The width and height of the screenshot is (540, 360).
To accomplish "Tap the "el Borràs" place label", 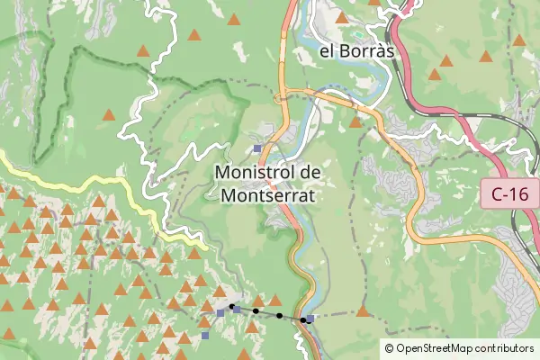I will click(357, 51).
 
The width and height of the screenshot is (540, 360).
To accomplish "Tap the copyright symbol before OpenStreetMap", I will click(389, 348).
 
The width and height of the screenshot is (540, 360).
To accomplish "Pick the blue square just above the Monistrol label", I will click(257, 148).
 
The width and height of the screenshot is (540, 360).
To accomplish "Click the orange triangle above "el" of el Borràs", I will click(342, 17).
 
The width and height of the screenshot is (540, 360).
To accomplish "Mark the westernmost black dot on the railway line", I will click(231, 307).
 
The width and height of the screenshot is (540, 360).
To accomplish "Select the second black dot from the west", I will click(256, 311).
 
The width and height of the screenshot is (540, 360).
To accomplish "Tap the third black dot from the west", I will click(279, 316).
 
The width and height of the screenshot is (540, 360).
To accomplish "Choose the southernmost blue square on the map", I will click(205, 336).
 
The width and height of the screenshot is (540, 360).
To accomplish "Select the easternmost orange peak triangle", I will click(519, 40).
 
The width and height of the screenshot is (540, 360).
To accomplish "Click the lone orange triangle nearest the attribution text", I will click(363, 311).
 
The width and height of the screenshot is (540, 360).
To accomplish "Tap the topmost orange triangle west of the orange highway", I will click(234, 19).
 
